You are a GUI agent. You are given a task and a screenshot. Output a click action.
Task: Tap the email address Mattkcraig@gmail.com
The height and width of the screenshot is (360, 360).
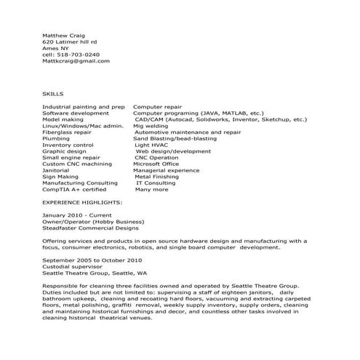pos(76,61)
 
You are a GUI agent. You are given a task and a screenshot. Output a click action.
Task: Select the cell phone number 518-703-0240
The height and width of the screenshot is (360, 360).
pos(71,55)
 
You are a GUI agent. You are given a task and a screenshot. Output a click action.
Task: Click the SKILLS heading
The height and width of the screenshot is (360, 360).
pos(53,94)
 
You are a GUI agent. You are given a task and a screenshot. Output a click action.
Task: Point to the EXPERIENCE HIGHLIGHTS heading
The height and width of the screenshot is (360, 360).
pos(82,201)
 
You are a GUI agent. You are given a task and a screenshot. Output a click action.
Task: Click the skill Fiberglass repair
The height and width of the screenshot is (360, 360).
pos(67,133)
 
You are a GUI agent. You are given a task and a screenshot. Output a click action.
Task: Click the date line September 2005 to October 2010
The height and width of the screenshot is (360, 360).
pos(92,260)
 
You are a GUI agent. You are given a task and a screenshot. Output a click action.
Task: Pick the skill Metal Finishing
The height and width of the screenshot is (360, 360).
pos(156,177)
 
